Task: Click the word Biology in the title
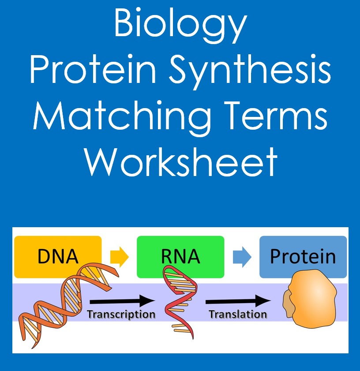pos(180,26)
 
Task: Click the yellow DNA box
pos(57,256)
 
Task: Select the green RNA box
pos(180,256)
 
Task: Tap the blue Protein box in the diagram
pos(303,256)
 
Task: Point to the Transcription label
pos(121,315)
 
